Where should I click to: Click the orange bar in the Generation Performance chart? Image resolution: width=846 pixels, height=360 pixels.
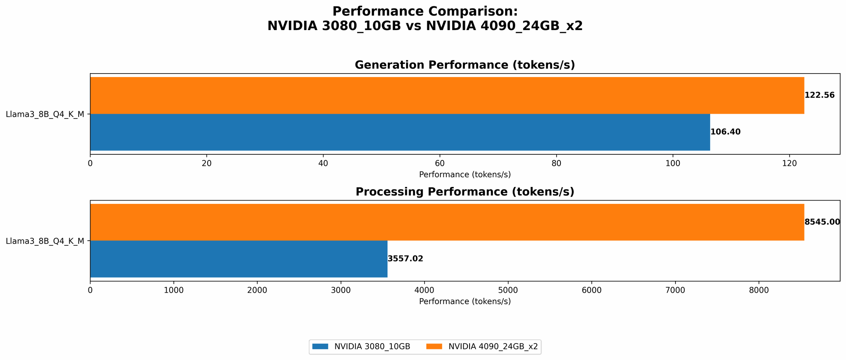[x=447, y=95]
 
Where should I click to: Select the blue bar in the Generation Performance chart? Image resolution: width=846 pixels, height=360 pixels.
[x=400, y=132]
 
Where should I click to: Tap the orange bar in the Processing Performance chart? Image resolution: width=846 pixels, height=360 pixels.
[x=447, y=222]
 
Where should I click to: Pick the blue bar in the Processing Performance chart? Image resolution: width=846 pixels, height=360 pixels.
[x=239, y=259]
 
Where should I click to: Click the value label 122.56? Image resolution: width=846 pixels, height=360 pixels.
[x=819, y=95]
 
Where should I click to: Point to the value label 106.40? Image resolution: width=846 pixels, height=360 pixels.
[x=725, y=132]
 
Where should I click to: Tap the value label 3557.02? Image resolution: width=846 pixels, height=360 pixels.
[x=405, y=259]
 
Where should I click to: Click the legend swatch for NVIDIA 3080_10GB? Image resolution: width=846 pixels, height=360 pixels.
[x=320, y=346]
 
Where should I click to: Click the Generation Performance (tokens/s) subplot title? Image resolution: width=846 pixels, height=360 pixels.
[x=464, y=65]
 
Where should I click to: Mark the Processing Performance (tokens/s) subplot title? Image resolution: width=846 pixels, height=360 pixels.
[x=464, y=192]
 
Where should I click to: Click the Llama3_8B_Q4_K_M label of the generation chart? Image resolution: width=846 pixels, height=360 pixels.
[x=45, y=114]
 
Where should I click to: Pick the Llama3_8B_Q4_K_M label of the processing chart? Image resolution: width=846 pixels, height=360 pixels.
[x=45, y=241]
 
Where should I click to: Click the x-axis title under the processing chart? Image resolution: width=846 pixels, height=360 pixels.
[x=464, y=302]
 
